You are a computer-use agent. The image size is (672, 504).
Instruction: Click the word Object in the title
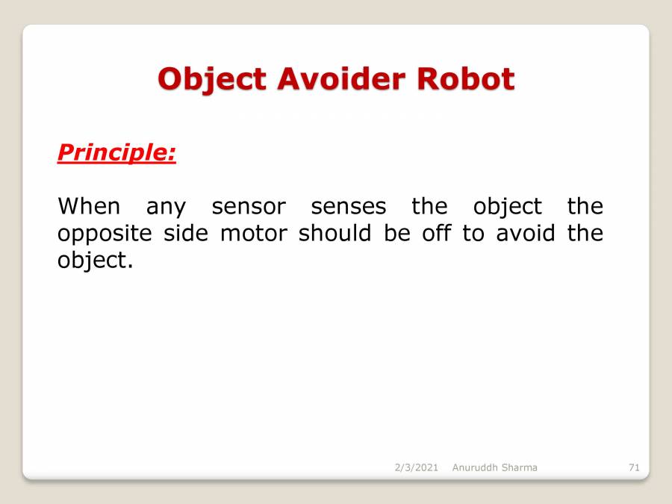point(211,79)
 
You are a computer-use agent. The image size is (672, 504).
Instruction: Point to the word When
point(88,205)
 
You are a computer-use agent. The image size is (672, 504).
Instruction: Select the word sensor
point(249,206)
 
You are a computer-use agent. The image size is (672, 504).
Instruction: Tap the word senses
point(349,206)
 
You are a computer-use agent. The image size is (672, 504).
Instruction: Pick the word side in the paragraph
point(190,233)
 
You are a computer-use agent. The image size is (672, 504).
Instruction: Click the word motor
point(253,233)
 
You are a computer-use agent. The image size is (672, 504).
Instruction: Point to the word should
point(335,233)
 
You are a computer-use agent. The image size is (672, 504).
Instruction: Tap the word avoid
point(526,233)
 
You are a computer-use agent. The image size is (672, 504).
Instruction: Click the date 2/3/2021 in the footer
point(416,467)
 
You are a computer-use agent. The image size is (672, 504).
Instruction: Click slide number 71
point(634,467)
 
